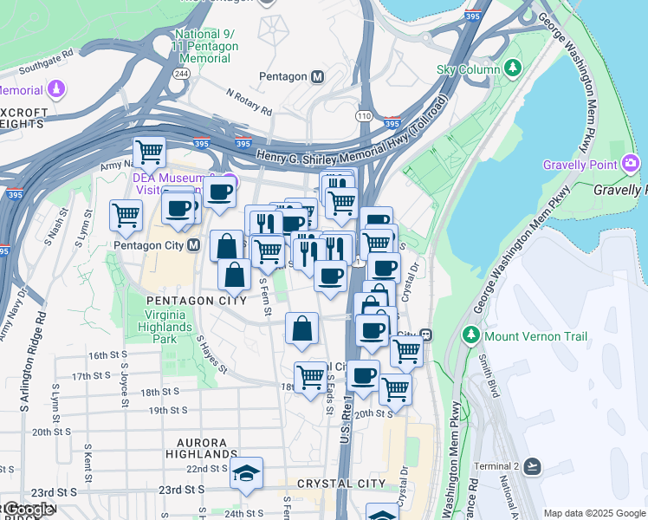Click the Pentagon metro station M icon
318,76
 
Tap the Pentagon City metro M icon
193,245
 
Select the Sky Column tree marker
513,68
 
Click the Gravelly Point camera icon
631,164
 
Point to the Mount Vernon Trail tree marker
471,335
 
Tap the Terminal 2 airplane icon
532,466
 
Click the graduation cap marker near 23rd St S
247,473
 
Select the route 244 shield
182,74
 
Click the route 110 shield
363,115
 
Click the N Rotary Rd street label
249,101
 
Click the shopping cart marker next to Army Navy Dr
150,153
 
